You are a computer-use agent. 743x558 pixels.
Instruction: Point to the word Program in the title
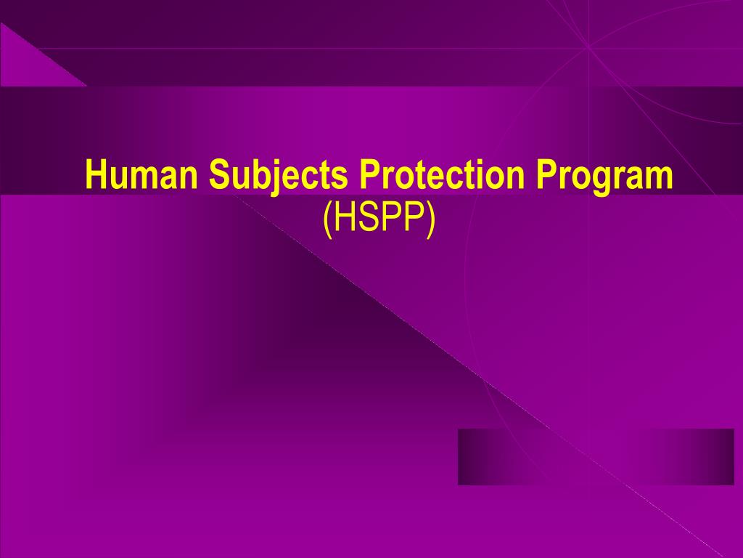pos(605,177)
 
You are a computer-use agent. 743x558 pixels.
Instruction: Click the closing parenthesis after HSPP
pos(430,219)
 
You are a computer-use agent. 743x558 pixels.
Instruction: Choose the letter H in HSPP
pos(342,218)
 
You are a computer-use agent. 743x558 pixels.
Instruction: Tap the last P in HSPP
pos(414,218)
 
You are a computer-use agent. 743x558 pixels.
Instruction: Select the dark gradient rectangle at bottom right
pos(596,456)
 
